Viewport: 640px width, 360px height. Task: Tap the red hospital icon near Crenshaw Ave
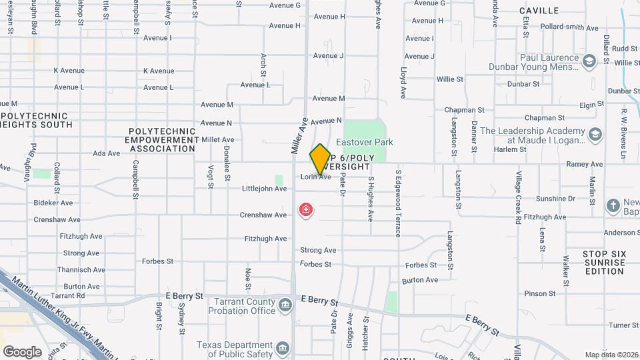pos(306,211)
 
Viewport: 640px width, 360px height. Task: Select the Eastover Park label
pos(364,142)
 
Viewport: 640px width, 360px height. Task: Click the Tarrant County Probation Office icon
pos(285,305)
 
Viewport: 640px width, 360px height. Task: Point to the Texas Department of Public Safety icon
pos(283,347)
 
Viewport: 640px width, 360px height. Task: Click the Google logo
pos(22,351)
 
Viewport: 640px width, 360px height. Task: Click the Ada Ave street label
pos(106,153)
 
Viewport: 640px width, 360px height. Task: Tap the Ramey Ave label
pos(583,164)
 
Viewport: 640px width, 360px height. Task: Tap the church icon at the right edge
pos(613,205)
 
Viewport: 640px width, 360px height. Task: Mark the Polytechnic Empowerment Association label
pos(161,140)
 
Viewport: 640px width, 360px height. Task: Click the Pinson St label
pos(535,293)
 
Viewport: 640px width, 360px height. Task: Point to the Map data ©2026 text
pos(611,355)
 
